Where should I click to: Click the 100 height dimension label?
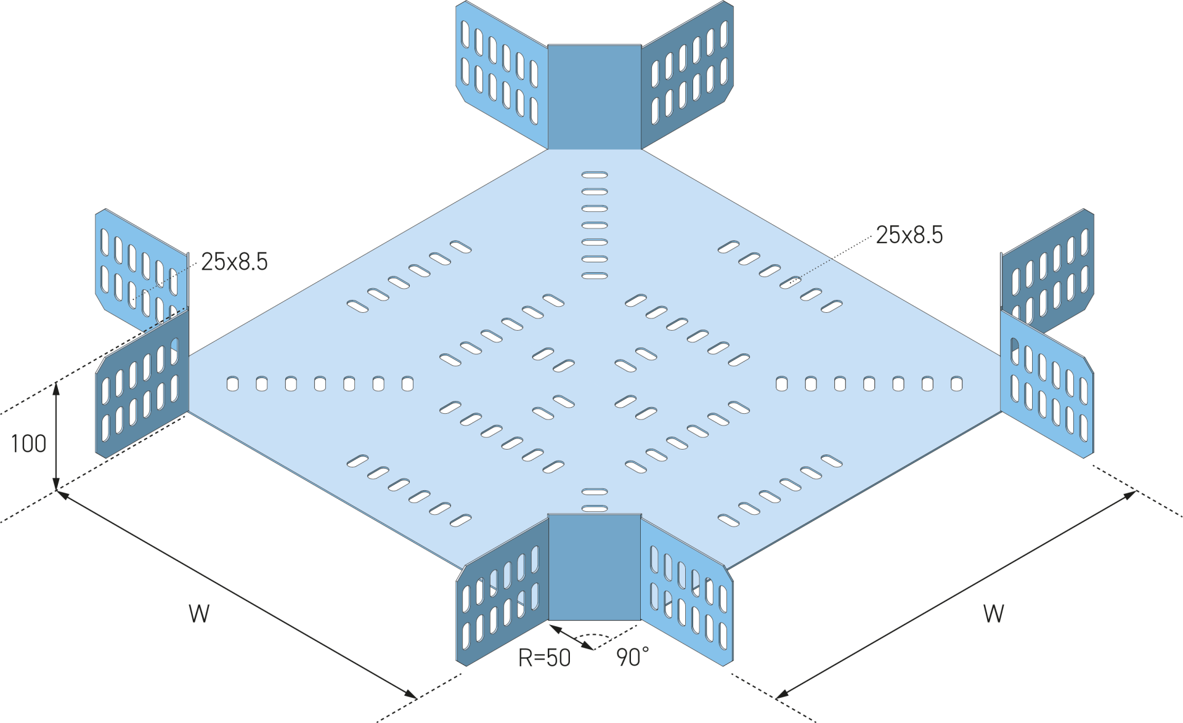point(28,443)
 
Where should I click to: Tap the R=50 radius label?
point(544,658)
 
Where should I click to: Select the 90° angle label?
point(633,657)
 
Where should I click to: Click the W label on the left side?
point(199,613)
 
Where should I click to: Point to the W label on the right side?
point(993,613)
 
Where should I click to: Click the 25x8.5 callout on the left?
point(234,262)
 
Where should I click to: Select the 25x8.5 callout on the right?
point(909,235)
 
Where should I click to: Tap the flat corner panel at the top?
point(595,97)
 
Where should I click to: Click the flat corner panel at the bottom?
point(595,567)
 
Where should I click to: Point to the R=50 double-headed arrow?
point(572,637)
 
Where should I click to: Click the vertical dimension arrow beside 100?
point(56,436)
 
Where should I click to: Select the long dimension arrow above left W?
point(237,594)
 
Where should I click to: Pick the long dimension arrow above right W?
point(956,594)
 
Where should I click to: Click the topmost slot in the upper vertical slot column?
point(595,175)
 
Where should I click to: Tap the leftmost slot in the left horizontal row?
point(232,384)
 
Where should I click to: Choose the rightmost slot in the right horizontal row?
point(956,384)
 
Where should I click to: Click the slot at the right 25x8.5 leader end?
point(790,283)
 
